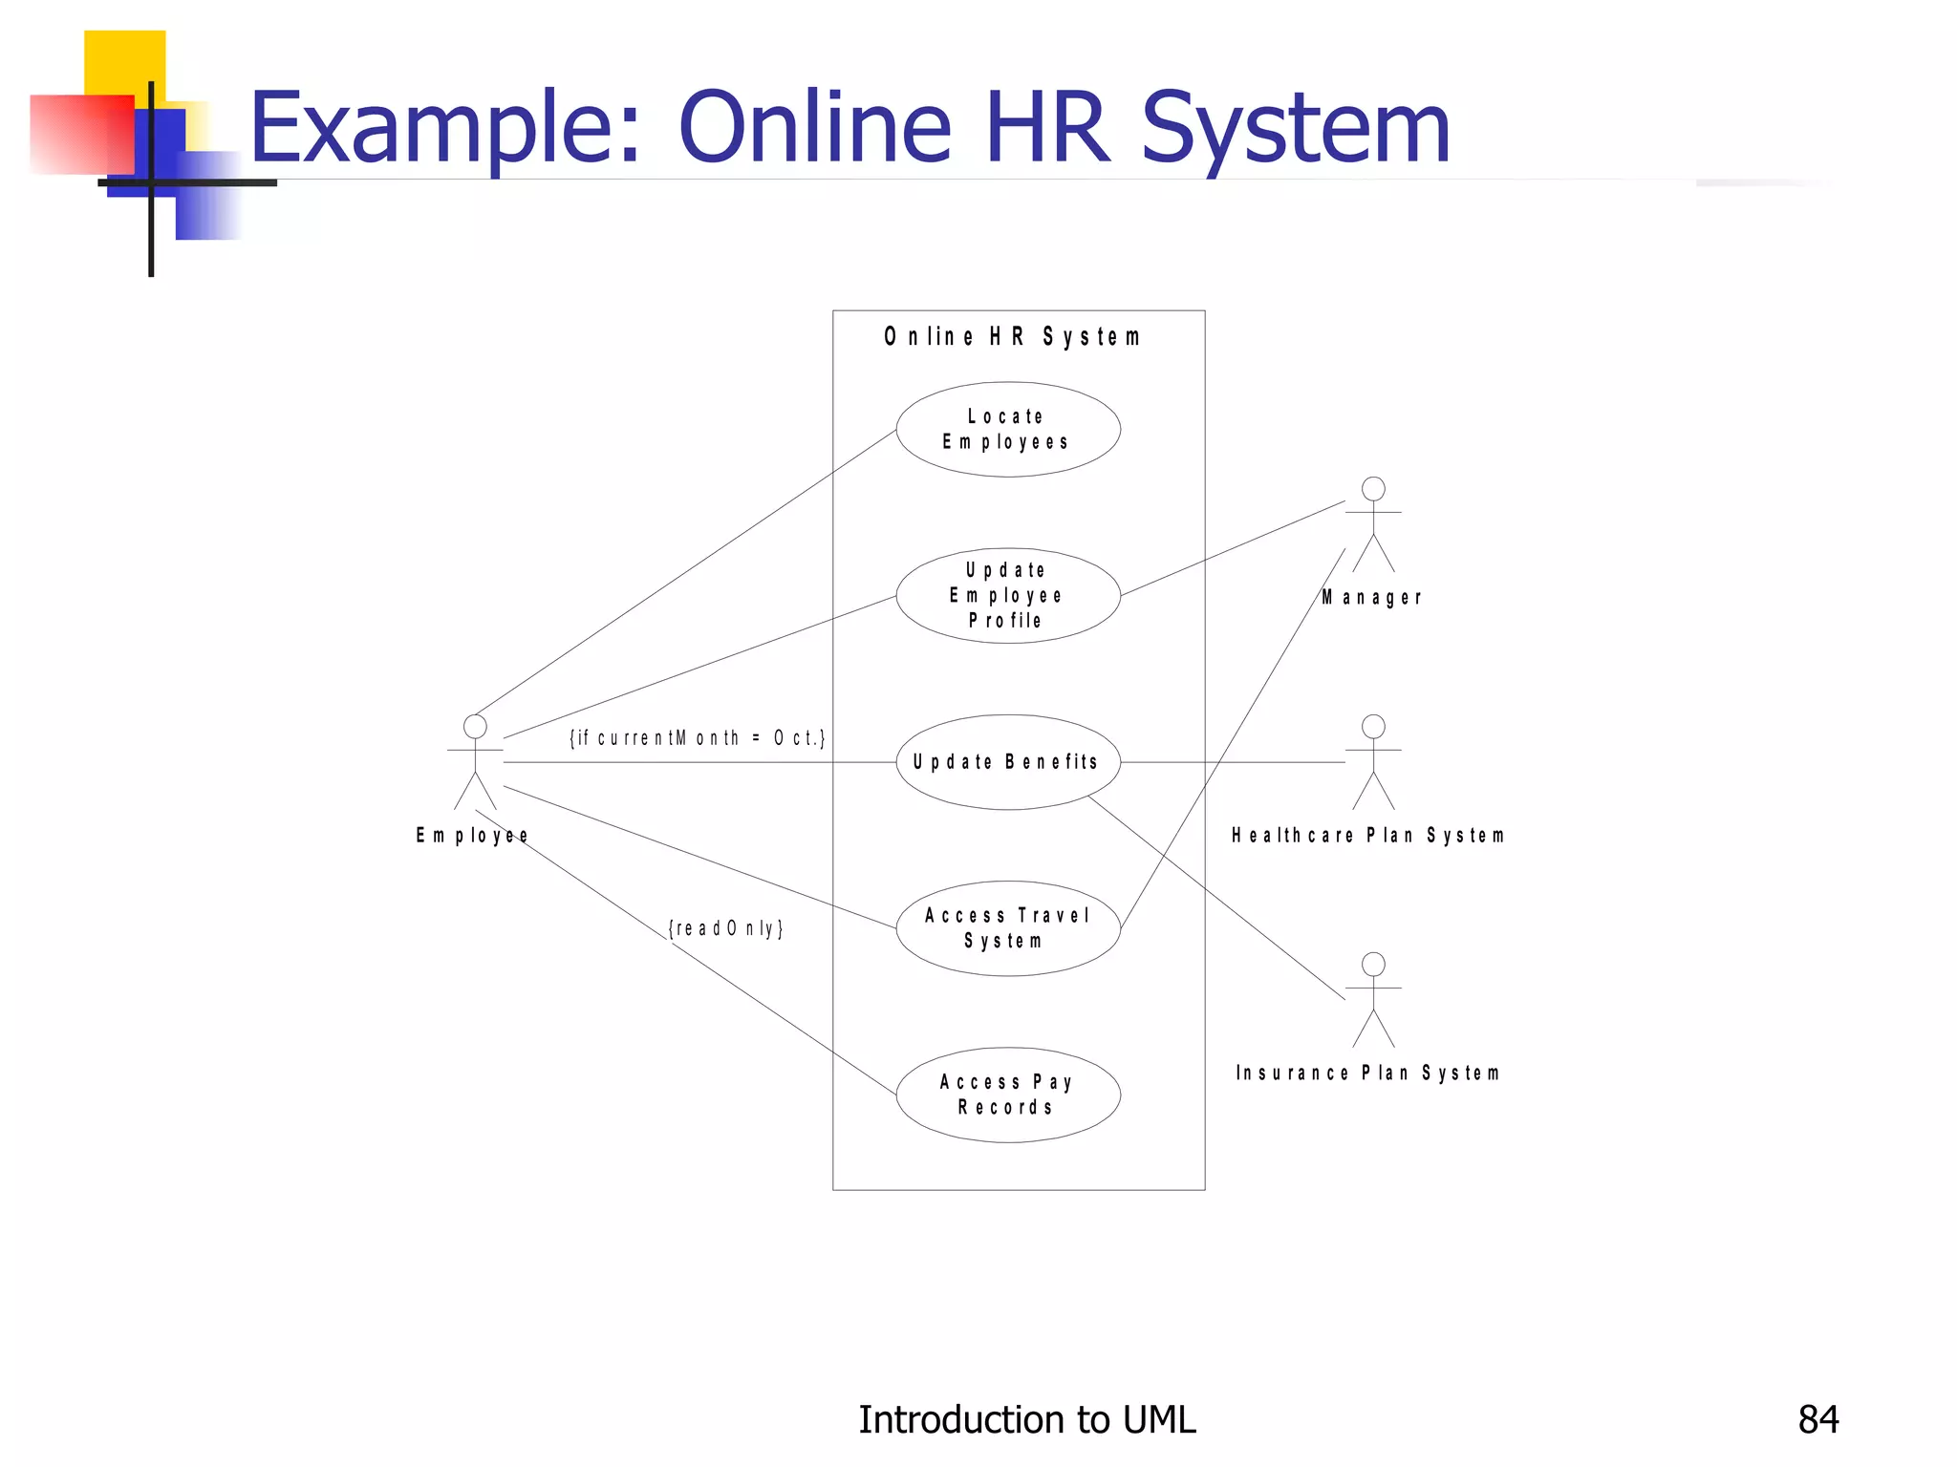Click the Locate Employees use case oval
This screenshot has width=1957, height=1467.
pos(1007,430)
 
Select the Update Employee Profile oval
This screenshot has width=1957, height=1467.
pos(1007,595)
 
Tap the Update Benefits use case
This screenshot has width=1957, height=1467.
pos(1007,762)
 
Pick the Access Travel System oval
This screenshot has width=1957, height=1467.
pos(1007,928)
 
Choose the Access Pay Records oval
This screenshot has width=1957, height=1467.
pos(1007,1095)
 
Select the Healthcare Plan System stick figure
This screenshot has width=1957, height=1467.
pos(1373,761)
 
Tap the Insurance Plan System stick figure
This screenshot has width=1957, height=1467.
pos(1373,999)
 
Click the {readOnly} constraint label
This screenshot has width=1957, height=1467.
pos(726,928)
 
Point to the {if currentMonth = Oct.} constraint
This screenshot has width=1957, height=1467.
pos(698,738)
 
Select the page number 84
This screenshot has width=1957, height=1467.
pos(1817,1420)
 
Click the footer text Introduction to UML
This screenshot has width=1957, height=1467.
pos(1026,1420)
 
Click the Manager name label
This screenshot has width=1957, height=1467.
pos(1372,598)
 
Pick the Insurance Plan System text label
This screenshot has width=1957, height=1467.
pos(1367,1074)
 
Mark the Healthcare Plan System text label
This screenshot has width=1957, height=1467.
pos(1368,836)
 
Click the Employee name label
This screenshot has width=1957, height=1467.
pos(472,836)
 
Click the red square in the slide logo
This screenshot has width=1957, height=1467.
pos(81,134)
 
